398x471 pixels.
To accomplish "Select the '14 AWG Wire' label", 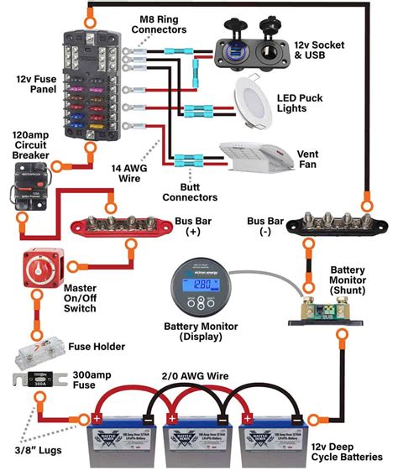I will pos(131,173).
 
